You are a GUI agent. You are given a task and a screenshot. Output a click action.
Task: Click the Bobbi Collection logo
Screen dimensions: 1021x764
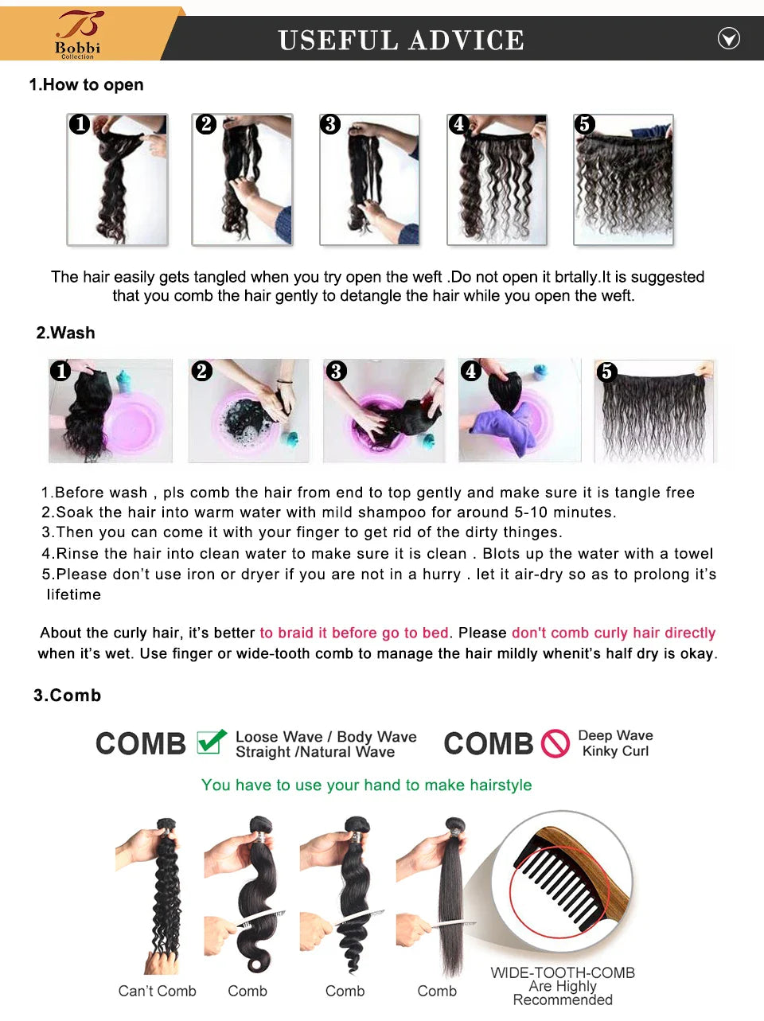pos(78,34)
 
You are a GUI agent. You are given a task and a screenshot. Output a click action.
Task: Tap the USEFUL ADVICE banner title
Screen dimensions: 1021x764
pos(401,40)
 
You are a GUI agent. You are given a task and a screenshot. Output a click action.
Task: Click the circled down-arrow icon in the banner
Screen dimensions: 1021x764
pos(728,38)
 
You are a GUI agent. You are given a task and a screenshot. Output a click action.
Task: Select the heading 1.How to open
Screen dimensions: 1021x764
pos(86,84)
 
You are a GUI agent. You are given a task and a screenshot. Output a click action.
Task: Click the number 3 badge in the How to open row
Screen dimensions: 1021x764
pos(330,124)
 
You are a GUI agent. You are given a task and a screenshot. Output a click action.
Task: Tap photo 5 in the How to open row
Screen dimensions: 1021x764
pos(623,180)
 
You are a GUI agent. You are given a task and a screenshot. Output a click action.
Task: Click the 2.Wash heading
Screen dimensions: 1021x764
pos(65,333)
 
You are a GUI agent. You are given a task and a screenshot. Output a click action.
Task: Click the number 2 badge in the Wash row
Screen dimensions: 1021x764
pos(202,371)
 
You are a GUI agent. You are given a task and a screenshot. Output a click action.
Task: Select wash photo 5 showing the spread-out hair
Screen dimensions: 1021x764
pos(654,411)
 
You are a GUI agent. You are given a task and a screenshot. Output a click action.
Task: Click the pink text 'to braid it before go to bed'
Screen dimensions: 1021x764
pos(354,633)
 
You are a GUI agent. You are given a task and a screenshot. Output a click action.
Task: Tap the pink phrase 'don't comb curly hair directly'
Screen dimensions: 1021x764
pos(613,633)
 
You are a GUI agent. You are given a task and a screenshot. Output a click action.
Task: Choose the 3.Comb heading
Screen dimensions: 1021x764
pos(68,695)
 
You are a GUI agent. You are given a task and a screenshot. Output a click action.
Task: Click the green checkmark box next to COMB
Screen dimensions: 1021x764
pos(211,742)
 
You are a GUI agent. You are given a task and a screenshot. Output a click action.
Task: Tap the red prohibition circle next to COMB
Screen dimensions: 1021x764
pos(555,743)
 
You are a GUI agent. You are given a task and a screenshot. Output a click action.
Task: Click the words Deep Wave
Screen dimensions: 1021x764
pos(615,735)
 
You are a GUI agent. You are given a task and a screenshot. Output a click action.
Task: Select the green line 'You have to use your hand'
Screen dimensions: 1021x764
pos(366,785)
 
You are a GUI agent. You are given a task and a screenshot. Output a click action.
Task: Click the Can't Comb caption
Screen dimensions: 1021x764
pos(157,991)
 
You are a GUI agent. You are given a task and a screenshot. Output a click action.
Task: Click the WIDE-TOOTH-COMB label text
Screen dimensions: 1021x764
pos(563,972)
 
